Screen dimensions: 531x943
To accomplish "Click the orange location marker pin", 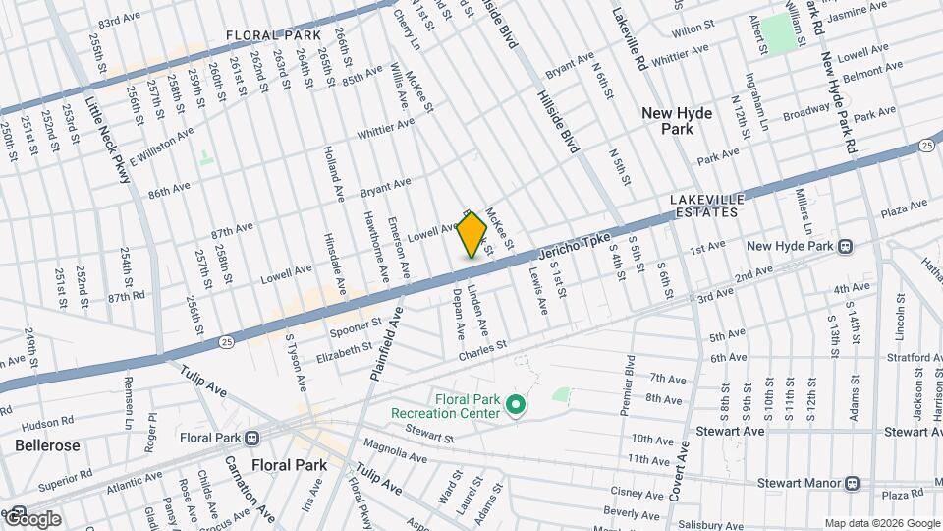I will click(472, 235).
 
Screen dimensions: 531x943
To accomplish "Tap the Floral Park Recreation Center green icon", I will click(514, 403).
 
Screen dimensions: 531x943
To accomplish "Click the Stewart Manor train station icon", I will click(852, 483).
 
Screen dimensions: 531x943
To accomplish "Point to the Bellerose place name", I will click(46, 445).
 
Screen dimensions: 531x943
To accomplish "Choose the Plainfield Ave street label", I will click(387, 344).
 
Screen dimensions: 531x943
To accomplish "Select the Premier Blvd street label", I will click(628, 385).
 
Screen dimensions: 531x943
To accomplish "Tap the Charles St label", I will click(481, 347).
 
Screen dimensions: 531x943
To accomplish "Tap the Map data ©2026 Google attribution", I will click(881, 523).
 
